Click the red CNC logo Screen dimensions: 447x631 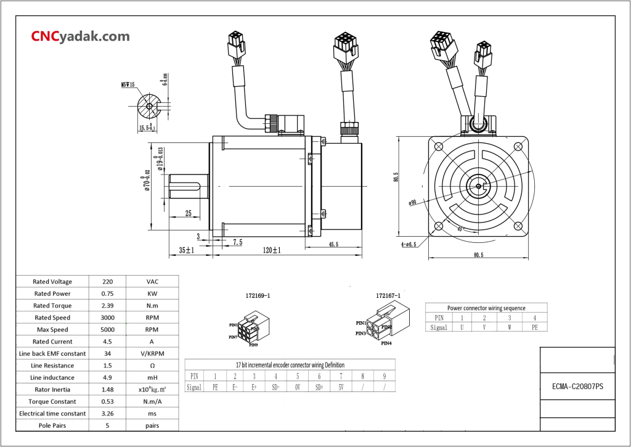[x=45, y=38]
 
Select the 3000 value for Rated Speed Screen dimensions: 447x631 [x=107, y=318]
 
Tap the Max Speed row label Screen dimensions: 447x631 [x=52, y=330]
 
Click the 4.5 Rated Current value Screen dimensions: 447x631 [x=107, y=342]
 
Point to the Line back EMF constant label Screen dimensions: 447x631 [x=52, y=354]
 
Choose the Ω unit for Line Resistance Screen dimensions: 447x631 [x=144, y=366]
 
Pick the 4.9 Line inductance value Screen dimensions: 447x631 [x=107, y=377]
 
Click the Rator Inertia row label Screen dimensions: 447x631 [x=52, y=390]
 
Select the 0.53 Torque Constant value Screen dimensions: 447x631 [x=107, y=401]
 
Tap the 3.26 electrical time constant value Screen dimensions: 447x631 [x=107, y=413]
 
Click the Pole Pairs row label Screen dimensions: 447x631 [x=52, y=425]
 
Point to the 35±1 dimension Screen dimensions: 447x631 [x=187, y=250]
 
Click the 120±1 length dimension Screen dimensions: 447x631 [x=271, y=250]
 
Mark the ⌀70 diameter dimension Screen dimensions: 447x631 [x=147, y=180]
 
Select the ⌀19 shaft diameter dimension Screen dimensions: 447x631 [x=160, y=159]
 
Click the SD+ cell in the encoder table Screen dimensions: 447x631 [x=319, y=387]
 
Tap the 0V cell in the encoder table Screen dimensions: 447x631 [x=297, y=387]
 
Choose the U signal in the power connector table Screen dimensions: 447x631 [x=462, y=328]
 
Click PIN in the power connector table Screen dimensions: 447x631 [x=439, y=318]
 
